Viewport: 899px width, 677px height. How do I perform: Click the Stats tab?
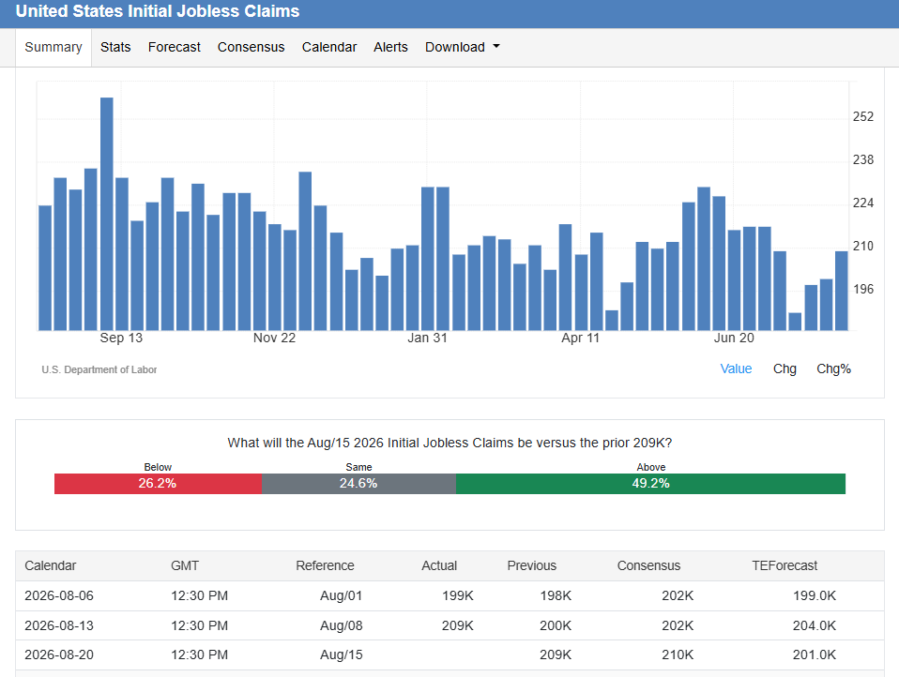(115, 47)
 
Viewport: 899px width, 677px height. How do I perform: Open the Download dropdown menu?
(462, 47)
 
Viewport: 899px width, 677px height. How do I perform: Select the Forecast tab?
(175, 47)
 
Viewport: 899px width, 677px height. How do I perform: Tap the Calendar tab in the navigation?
(329, 47)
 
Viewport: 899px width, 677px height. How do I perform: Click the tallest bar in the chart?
(107, 214)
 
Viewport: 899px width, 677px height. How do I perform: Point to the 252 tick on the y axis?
(863, 117)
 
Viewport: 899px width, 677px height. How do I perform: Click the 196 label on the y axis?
(863, 289)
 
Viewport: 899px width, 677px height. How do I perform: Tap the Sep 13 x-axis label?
(121, 338)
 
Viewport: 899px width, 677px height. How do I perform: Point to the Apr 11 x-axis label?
(580, 338)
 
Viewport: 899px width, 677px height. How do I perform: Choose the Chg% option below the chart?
(833, 369)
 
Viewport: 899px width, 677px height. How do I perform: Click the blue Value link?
(736, 369)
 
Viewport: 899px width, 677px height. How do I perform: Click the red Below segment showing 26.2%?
(159, 484)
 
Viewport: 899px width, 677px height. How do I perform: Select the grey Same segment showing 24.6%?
(358, 484)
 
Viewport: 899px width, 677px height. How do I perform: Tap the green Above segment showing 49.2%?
(650, 484)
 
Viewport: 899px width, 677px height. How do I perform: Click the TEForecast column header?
(785, 565)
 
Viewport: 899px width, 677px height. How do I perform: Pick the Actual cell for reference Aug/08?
(458, 625)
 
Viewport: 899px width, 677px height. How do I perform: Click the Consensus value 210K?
(678, 654)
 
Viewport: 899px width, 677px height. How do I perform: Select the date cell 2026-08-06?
(59, 595)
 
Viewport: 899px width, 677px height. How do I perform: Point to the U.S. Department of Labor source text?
(99, 370)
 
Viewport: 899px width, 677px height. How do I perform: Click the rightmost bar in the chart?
(841, 291)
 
